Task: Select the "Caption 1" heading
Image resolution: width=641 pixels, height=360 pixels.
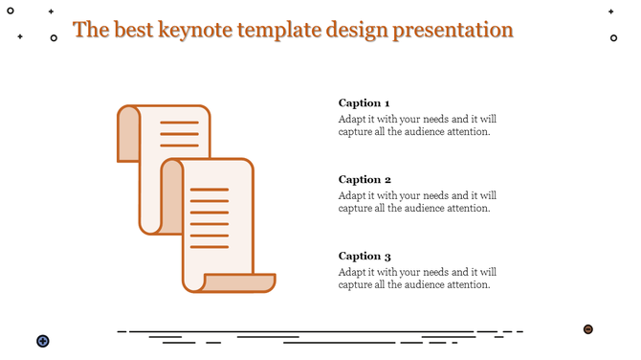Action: [364, 102]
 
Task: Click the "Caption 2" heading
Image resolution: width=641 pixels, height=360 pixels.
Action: [365, 179]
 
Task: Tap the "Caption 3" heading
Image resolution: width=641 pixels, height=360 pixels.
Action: [365, 256]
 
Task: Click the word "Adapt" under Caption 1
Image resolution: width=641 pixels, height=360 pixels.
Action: [354, 119]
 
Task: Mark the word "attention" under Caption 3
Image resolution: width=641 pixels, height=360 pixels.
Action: [469, 284]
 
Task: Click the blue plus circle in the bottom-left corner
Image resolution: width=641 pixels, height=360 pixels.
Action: [43, 341]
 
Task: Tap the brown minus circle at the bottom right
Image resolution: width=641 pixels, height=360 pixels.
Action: [588, 329]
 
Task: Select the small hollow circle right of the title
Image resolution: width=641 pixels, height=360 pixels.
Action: [613, 38]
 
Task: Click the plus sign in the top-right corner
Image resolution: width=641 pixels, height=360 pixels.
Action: [610, 11]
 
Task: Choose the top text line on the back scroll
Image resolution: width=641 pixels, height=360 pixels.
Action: [179, 123]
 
